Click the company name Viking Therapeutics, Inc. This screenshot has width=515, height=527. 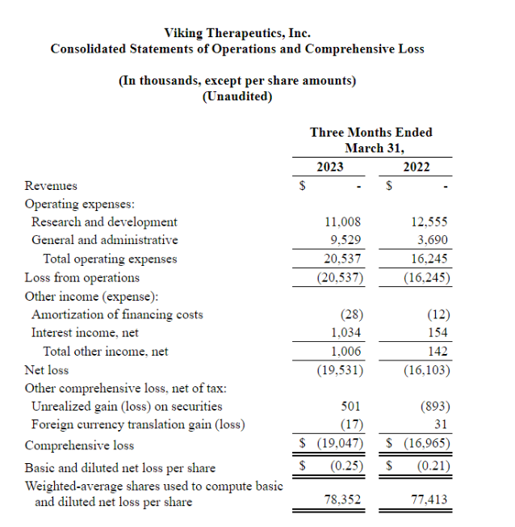pos(237,33)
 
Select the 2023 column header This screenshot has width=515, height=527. pos(329,167)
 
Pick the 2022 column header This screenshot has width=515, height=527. pos(417,167)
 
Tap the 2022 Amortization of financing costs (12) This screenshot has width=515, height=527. pos(437,314)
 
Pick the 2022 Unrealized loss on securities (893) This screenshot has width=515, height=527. pos(434,407)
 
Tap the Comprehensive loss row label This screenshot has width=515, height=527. pos(79,445)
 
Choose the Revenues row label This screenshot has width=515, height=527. pos(51,186)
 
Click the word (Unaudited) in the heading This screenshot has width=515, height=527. pos(237,96)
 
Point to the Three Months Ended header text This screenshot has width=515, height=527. pos(371,132)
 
